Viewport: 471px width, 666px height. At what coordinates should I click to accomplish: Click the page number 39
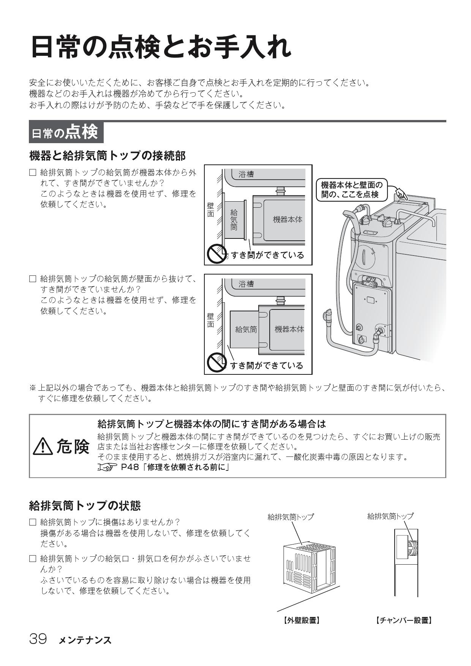[38, 639]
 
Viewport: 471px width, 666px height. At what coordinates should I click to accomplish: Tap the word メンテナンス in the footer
[85, 640]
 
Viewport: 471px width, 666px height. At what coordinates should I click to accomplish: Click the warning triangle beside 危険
[43, 446]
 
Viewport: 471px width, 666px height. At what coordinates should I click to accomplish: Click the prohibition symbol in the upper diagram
[215, 254]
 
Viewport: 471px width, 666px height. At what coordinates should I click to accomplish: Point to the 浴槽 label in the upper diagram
[246, 174]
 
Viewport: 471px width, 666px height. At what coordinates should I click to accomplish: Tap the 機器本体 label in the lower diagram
[289, 329]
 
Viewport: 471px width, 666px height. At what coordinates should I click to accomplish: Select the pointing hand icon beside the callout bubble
[401, 195]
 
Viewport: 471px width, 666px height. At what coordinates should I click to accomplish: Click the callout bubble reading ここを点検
[349, 189]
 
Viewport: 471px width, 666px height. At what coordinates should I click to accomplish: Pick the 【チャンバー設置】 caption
[404, 620]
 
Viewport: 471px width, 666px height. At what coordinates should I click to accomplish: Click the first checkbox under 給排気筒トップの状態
[33, 522]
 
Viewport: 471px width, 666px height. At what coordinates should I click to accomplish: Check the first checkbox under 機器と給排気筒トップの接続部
[33, 173]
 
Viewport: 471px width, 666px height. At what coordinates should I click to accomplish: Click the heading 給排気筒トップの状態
[85, 505]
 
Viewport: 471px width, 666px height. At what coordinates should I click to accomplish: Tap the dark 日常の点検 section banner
[66, 132]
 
